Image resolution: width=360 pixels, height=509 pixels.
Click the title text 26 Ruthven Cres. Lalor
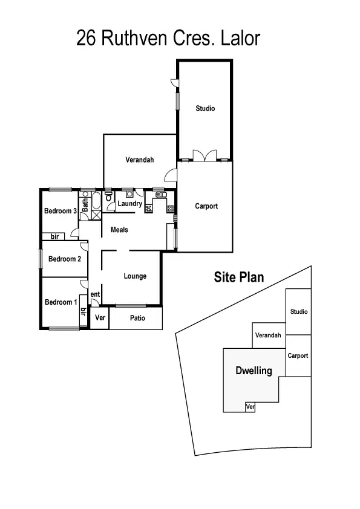coord(168,39)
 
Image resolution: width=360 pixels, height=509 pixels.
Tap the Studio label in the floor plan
coord(205,109)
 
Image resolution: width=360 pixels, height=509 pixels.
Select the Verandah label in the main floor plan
coord(140,160)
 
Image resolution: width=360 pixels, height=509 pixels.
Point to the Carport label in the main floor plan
coord(206,206)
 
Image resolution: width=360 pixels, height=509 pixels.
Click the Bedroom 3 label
coord(60,211)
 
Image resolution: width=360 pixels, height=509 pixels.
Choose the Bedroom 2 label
coord(65,259)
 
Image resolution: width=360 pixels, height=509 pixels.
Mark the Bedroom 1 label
coord(60,302)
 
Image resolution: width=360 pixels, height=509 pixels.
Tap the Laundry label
coord(130,204)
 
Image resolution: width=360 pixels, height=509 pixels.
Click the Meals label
coord(119,230)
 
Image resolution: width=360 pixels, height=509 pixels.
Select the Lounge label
coord(135,276)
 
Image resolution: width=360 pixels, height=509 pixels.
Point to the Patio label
coord(137,317)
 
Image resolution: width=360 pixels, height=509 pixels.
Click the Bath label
coord(86,206)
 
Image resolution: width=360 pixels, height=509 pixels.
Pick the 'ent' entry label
coord(95,294)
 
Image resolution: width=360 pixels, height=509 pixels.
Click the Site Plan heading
coord(239,277)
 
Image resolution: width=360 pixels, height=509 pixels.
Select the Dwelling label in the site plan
coord(254,371)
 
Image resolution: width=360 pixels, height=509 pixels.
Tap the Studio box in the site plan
coord(298,312)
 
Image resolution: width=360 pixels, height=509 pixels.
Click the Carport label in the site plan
coord(298,356)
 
